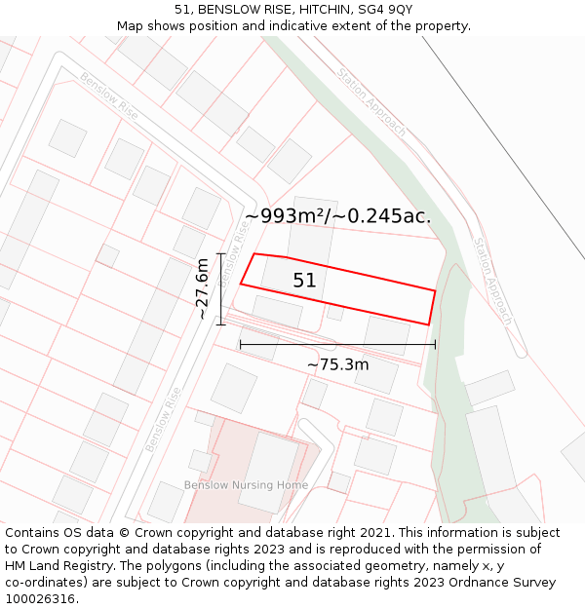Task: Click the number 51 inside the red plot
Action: click(304, 281)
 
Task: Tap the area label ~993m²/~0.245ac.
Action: click(337, 216)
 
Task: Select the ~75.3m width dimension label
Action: click(337, 364)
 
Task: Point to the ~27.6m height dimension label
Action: click(201, 288)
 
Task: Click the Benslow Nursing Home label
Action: click(246, 485)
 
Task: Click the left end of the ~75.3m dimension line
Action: click(240, 344)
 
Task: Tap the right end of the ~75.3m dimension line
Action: click(436, 344)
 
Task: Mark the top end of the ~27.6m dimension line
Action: click(221, 253)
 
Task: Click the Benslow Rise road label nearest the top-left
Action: click(108, 96)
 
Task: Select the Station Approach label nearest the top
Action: click(370, 101)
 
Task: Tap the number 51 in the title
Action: click(182, 10)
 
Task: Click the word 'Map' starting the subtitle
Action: click(130, 26)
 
